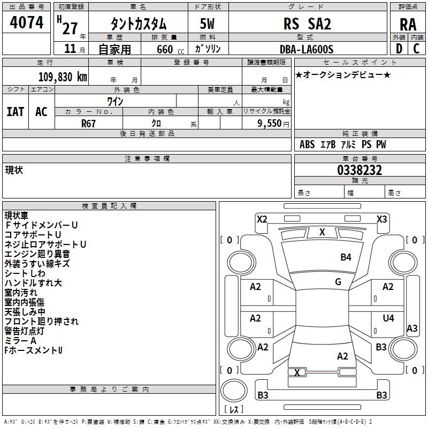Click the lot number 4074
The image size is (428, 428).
[x=27, y=23]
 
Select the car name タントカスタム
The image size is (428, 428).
[x=138, y=24]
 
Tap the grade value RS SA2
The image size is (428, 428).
[x=307, y=24]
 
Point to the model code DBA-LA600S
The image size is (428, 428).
[x=307, y=49]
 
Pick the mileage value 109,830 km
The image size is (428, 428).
[x=63, y=77]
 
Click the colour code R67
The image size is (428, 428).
[x=89, y=123]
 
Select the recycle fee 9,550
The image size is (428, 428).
[x=270, y=123]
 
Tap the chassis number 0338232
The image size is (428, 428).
[x=360, y=170]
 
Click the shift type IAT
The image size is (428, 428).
[x=16, y=111]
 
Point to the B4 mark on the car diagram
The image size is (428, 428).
[x=346, y=257]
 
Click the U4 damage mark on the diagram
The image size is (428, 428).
[x=388, y=318]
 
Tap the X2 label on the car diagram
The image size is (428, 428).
[x=262, y=219]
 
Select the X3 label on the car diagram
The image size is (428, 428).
[x=381, y=219]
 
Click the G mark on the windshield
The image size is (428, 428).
[x=338, y=282]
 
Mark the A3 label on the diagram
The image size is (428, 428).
[x=412, y=328]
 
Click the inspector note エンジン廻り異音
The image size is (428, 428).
[x=37, y=254]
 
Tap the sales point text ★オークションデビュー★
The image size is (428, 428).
[x=343, y=75]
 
